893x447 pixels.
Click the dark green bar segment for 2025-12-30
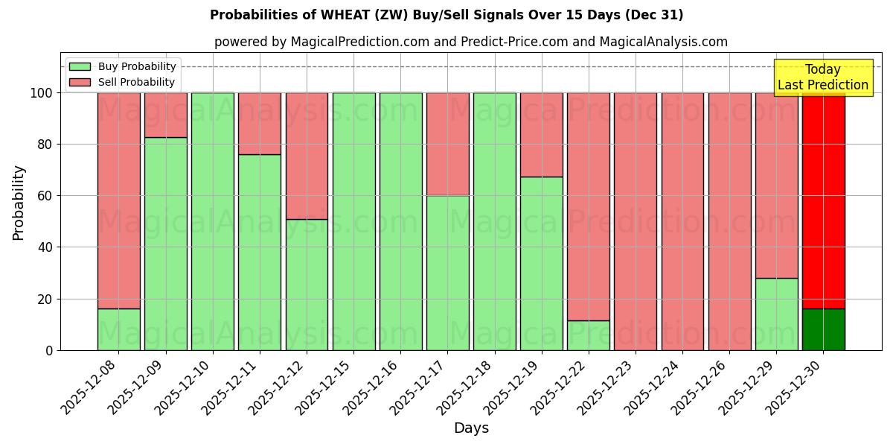[x=823, y=329]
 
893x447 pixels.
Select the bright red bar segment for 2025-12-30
[x=823, y=201]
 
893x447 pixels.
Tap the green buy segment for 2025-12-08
[x=118, y=329]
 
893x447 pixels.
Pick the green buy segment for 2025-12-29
[x=776, y=314]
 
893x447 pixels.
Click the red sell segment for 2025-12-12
[x=307, y=156]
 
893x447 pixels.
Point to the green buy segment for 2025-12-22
[x=588, y=335]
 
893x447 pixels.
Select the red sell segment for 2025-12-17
[x=447, y=144]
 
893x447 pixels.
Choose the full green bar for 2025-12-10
[x=212, y=221]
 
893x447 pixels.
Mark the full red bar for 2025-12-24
[x=682, y=221]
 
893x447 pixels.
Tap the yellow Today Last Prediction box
[x=822, y=77]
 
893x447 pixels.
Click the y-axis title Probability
[x=19, y=202]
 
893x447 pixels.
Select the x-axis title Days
[x=471, y=428]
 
